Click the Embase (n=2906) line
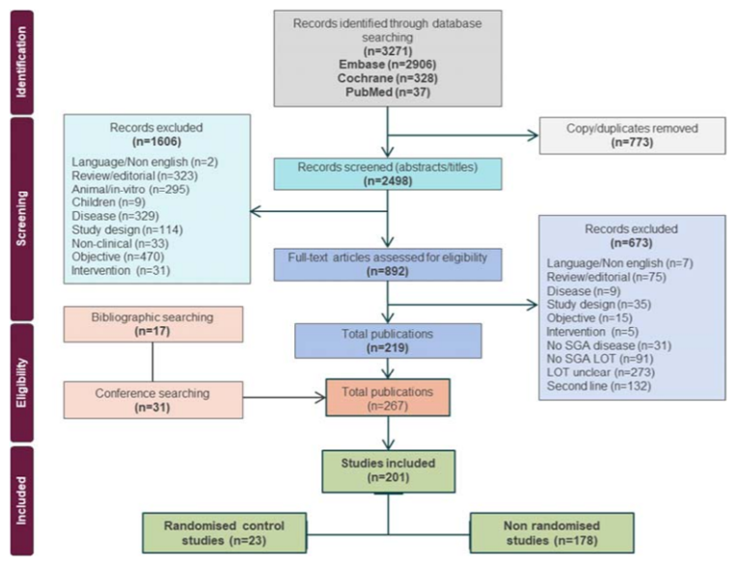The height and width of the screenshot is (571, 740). (x=386, y=63)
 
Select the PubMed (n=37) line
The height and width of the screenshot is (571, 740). (x=386, y=91)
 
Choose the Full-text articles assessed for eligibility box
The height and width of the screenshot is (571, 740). (x=387, y=263)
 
